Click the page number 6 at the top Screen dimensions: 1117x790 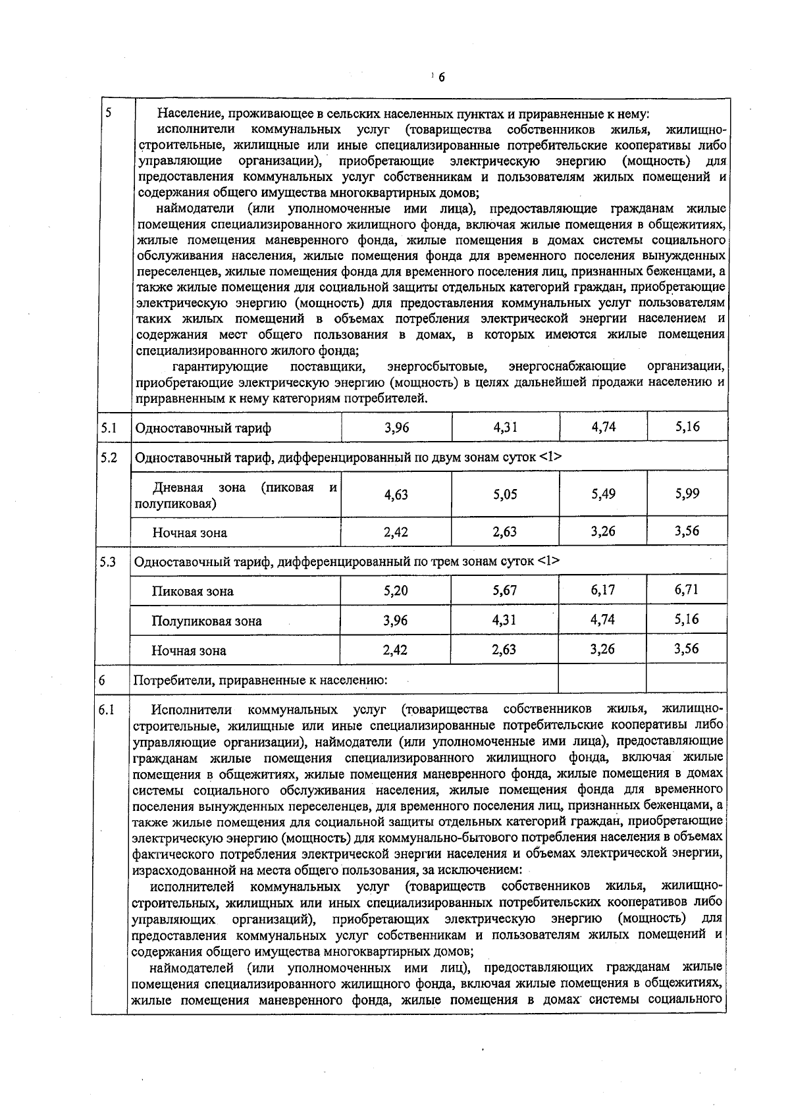[441, 78]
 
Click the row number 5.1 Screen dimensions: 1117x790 [109, 429]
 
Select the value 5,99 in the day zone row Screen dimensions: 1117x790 [687, 494]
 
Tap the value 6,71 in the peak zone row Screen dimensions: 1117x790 [687, 589]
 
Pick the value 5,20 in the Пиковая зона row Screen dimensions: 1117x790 [396, 591]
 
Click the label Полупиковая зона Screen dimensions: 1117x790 [206, 621]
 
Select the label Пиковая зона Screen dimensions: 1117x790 [192, 591]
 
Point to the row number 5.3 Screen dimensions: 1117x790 [109, 562]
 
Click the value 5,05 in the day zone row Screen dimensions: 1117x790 [505, 494]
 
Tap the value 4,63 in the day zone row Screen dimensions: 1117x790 [396, 494]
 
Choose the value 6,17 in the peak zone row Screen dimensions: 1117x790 [603, 590]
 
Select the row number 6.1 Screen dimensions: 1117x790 [107, 710]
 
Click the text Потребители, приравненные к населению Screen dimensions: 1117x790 [260, 681]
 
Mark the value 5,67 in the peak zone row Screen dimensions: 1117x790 [505, 590]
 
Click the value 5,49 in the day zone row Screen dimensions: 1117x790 [603, 494]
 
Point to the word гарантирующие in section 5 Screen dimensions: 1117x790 [220, 366]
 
